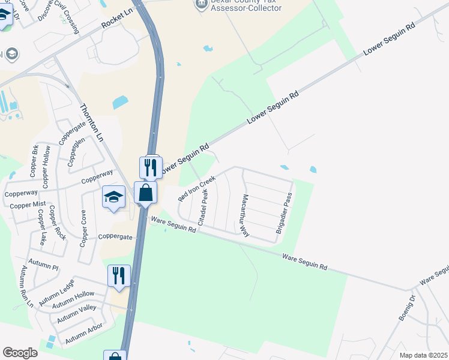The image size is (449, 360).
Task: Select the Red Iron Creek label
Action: [196, 188]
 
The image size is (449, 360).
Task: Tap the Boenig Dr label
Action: [407, 308]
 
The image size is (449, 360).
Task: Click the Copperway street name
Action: [97, 177]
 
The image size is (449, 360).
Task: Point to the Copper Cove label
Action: [83, 228]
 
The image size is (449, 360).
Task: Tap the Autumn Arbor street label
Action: [84, 333]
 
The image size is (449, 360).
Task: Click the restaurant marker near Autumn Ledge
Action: [119, 276]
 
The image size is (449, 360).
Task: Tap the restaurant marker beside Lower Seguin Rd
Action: [151, 167]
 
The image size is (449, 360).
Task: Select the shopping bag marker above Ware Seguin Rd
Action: [145, 193]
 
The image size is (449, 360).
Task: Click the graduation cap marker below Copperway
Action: [113, 197]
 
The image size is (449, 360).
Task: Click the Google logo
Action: [20, 353]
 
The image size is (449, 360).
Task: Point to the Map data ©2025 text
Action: [424, 355]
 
